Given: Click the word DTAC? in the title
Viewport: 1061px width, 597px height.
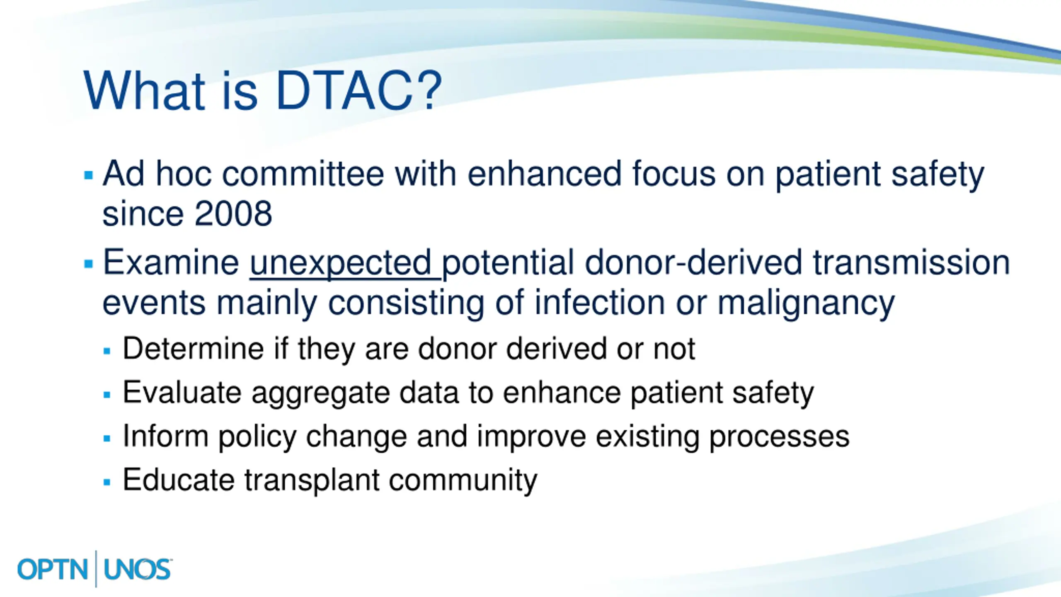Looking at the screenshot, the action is pos(359,90).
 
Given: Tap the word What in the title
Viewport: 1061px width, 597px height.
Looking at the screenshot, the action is pos(144,90).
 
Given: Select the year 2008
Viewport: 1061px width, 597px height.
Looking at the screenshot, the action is pos(233,214).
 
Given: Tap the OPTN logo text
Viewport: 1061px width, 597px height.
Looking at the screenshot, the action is pos(53,569).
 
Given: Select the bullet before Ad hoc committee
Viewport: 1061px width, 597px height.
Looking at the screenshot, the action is pos(88,175).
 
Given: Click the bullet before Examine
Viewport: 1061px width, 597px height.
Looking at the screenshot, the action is pos(88,264).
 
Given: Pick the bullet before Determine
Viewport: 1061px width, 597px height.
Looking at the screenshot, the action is pos(107,351).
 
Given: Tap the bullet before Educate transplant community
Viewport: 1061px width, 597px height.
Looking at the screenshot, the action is pos(107,482).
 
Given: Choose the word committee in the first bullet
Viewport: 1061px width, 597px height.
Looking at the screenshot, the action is pos(303,174).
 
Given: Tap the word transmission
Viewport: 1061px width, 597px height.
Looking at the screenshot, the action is pos(911,263).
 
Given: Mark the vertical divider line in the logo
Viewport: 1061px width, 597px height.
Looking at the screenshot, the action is pos(96,569).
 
